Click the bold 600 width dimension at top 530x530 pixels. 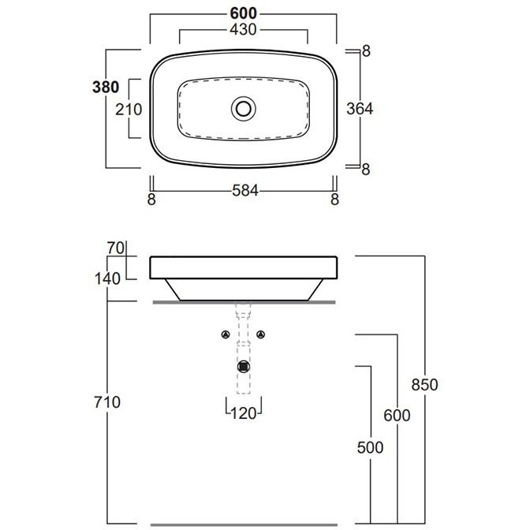(244, 13)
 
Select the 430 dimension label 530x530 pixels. (244, 30)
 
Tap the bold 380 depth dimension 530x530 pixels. (106, 88)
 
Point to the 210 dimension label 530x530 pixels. (129, 110)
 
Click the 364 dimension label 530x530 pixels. (360, 109)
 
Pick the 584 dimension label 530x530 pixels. (245, 191)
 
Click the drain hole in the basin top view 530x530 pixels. (244, 109)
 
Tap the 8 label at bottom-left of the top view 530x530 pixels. (151, 200)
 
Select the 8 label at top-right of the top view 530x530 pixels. (367, 51)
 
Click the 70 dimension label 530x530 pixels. (116, 248)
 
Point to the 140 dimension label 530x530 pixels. (107, 279)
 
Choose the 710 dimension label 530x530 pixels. (107, 402)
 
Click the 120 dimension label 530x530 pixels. (244, 413)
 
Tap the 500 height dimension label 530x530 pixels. (371, 447)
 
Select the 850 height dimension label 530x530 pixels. (425, 385)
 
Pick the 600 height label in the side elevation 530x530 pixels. (397, 415)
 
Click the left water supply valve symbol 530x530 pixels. (226, 334)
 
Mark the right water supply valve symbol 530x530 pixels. (260, 334)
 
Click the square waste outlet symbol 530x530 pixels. (244, 367)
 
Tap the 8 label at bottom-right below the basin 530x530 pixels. (335, 200)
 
